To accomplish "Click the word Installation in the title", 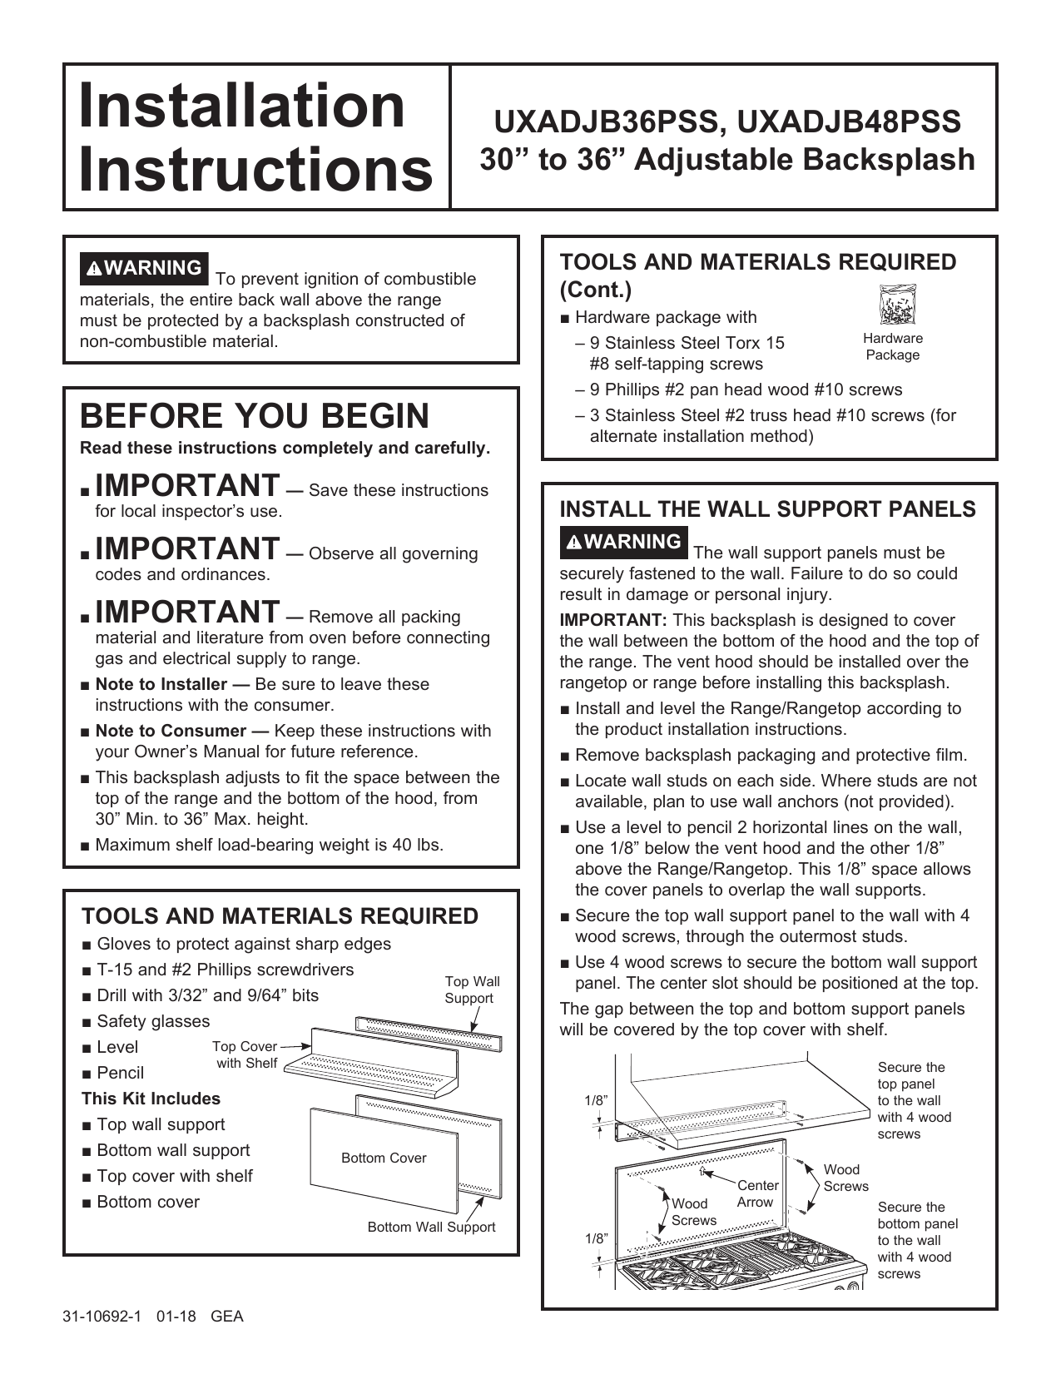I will (241, 106).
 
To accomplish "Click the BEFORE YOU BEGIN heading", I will (255, 415).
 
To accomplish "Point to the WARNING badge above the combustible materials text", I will (144, 268).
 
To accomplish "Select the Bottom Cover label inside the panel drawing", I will (384, 1158).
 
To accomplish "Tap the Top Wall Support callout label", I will (472, 990).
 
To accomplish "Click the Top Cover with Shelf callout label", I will (245, 1054).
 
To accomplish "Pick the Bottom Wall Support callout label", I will (431, 1227).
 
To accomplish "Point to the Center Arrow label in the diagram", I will (757, 1193).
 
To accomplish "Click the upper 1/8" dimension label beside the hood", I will (596, 1100).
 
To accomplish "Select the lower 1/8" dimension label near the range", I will (596, 1238).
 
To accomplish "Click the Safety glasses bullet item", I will (153, 1021).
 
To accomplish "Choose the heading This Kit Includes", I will (151, 1099).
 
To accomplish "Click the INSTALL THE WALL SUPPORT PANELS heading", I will (767, 509).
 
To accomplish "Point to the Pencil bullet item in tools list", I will (120, 1073).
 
